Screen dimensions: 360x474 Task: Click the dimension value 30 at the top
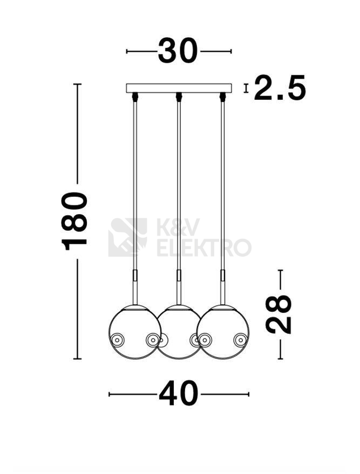point(178,51)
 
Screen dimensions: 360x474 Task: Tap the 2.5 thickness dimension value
point(280,88)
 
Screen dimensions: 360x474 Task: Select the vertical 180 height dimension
point(74,221)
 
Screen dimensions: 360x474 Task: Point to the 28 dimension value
point(279,314)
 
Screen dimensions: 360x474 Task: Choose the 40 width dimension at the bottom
point(179,394)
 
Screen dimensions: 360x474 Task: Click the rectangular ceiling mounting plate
point(179,88)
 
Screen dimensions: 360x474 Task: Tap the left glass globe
point(135,332)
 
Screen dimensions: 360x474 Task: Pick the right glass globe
point(223,332)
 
